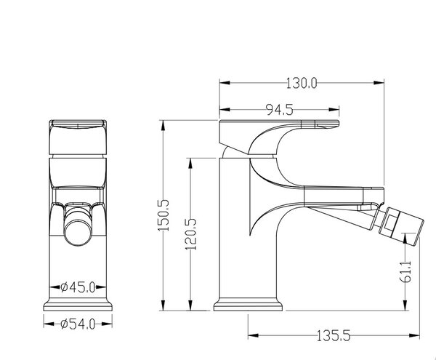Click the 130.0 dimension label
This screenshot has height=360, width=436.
pos(302,83)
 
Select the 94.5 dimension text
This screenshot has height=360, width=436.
pos(280,110)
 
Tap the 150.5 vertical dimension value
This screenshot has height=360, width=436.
pos(163,215)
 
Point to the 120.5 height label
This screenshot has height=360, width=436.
pos(191,234)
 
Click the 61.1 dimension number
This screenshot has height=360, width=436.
pos(406,271)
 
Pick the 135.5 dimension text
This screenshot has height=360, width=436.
pos(334,335)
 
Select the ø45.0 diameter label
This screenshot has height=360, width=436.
pos(78,287)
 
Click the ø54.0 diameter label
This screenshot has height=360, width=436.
pos(78,324)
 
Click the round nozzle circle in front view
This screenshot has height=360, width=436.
pos(78,232)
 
